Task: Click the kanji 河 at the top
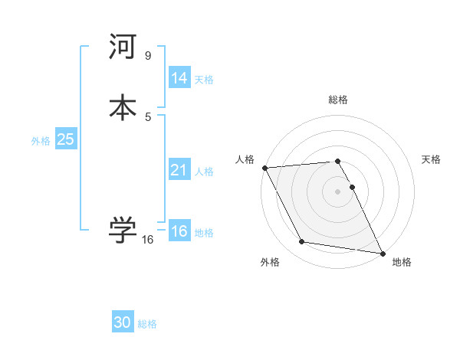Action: point(123,47)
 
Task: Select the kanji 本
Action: point(123,106)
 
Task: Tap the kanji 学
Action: point(123,231)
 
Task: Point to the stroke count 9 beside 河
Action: point(148,56)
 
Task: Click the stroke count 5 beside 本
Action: point(148,116)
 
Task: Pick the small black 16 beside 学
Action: point(148,240)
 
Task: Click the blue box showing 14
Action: point(179,78)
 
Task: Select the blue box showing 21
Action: point(179,170)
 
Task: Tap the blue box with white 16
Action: point(179,231)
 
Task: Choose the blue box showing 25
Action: point(65,139)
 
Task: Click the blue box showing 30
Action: point(123,322)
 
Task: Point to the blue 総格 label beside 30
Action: point(147,324)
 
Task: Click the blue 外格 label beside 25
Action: point(41,141)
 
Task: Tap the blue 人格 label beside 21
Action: point(204,172)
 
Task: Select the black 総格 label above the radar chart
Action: point(338,100)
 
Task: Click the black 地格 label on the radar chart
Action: point(402,262)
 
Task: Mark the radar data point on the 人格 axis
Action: point(264,168)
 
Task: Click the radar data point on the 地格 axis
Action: point(382,252)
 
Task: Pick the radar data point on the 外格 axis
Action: point(302,242)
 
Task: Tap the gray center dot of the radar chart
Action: point(338,191)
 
